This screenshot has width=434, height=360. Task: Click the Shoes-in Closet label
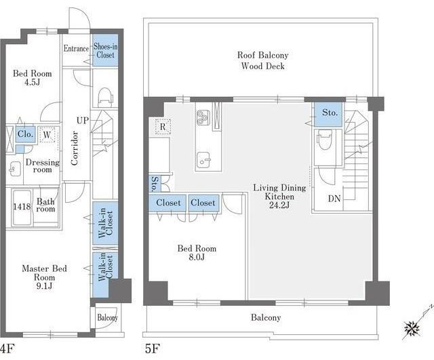pyautogui.click(x=106, y=51)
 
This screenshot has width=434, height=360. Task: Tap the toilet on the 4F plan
pyautogui.click(x=105, y=97)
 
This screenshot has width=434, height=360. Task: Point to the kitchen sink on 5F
pyautogui.click(x=203, y=161)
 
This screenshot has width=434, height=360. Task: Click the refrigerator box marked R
pyautogui.click(x=163, y=127)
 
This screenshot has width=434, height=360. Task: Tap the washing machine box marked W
pyautogui.click(x=47, y=135)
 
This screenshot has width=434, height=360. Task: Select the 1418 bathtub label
pyautogui.click(x=22, y=206)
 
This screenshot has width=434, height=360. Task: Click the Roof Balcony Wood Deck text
pyautogui.click(x=262, y=60)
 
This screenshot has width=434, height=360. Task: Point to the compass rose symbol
pyautogui.click(x=412, y=329)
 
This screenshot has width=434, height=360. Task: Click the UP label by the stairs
pyautogui.click(x=83, y=121)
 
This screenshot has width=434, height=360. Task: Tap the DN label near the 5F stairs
pyautogui.click(x=334, y=199)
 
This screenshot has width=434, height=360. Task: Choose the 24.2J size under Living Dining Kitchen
pyautogui.click(x=279, y=205)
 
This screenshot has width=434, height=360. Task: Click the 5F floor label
pyautogui.click(x=153, y=348)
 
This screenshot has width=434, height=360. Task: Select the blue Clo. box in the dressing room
pyautogui.click(x=25, y=134)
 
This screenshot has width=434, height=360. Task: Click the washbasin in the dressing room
pyautogui.click(x=14, y=169)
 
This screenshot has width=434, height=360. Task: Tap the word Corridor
pyautogui.click(x=74, y=148)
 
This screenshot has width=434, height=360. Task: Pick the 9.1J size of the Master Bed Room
pyautogui.click(x=44, y=286)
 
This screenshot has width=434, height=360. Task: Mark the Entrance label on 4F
pyautogui.click(x=76, y=49)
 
